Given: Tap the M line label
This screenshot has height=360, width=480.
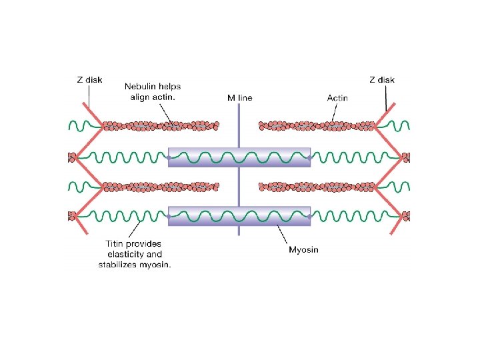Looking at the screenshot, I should click(x=239, y=98).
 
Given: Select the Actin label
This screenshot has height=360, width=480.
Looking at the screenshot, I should click(x=337, y=98).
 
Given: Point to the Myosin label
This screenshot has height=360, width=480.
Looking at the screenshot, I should click(x=303, y=250).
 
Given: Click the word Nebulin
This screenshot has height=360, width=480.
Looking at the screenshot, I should click(x=141, y=86).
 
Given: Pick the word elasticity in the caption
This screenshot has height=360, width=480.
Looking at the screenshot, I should click(x=126, y=254).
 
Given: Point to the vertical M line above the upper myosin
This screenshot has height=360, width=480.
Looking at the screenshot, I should click(x=239, y=127).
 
